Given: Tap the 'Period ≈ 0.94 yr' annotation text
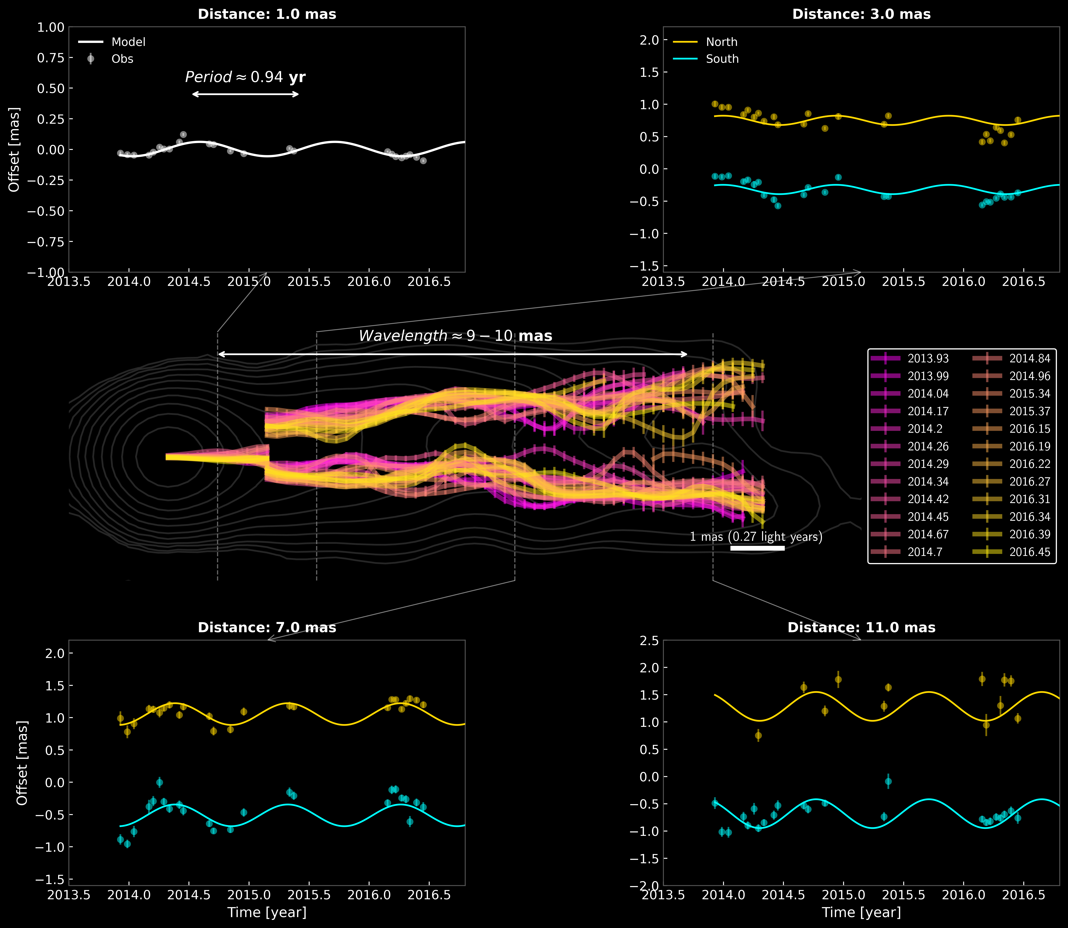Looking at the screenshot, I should [245, 77].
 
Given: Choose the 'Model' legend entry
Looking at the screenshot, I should [128, 42].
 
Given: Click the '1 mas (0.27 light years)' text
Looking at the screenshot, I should [756, 536].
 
